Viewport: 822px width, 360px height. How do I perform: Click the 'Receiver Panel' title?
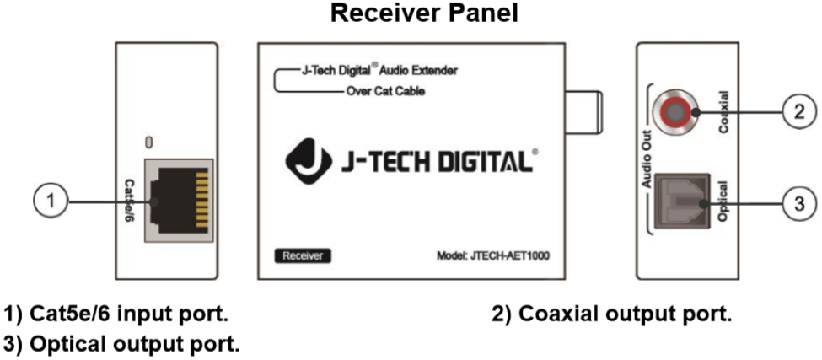pyautogui.click(x=424, y=13)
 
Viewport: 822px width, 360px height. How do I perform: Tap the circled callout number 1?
pyautogui.click(x=51, y=201)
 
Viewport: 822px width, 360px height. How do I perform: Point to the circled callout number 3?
pyautogui.click(x=799, y=203)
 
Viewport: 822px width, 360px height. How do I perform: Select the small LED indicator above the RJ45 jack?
pyautogui.click(x=149, y=142)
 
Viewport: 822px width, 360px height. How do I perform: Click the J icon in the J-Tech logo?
pyautogui.click(x=309, y=160)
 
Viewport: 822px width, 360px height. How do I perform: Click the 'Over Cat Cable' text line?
pyautogui.click(x=386, y=92)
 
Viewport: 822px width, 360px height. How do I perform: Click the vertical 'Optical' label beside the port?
pyautogui.click(x=723, y=201)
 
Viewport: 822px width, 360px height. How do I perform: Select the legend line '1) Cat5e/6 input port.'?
pyautogui.click(x=116, y=314)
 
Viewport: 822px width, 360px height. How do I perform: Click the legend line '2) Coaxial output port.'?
pyautogui.click(x=612, y=314)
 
